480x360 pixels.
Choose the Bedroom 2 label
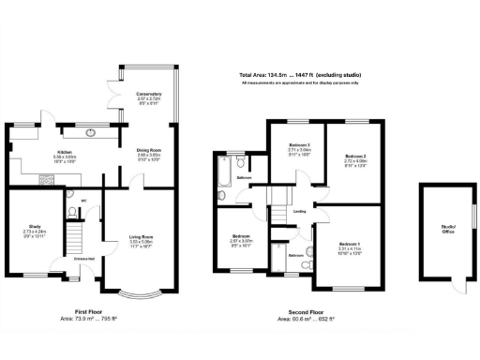(x=354, y=156)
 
